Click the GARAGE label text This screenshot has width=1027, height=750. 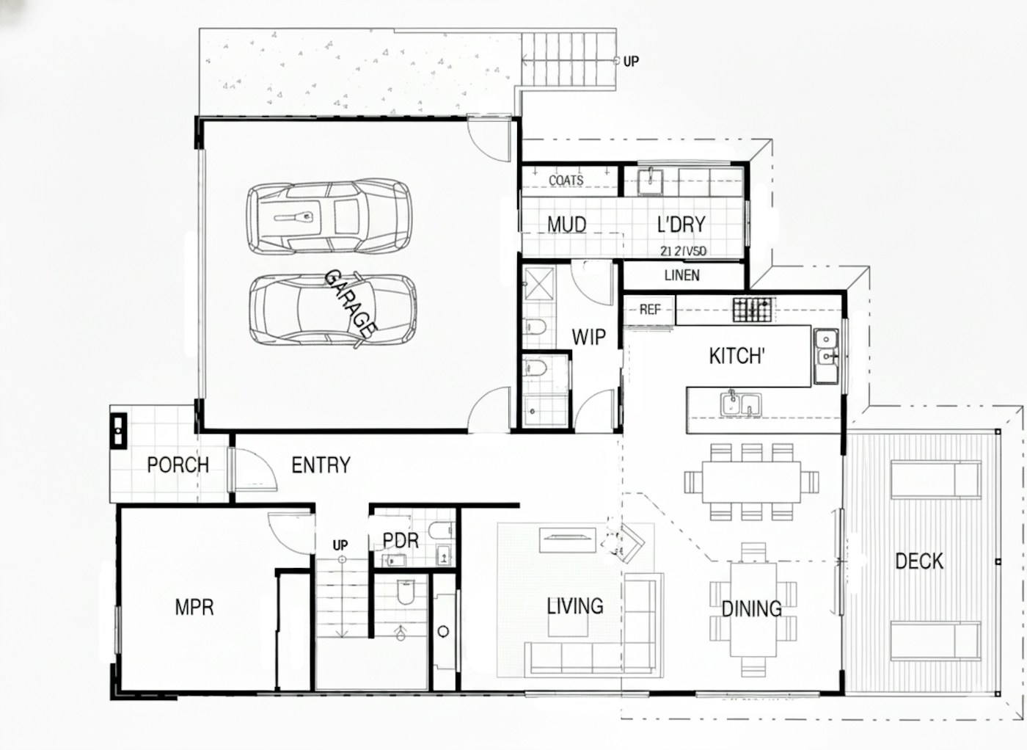[351, 303]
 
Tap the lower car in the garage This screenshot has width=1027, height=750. [332, 310]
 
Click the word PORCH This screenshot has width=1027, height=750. [178, 465]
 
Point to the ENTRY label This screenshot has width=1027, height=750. [321, 465]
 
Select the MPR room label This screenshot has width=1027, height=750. [194, 608]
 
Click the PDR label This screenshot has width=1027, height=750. [401, 541]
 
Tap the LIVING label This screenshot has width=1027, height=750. [575, 606]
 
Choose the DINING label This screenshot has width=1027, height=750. [751, 609]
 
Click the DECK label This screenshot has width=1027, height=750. [919, 561]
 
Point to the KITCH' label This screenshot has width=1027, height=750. [737, 357]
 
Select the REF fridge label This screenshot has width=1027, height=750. [649, 310]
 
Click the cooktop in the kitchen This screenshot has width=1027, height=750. [753, 310]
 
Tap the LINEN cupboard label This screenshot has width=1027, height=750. [681, 275]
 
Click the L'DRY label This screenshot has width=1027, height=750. [681, 225]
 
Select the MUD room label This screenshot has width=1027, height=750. [566, 225]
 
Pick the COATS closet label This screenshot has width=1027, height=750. [566, 180]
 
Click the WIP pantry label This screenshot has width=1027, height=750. [588, 338]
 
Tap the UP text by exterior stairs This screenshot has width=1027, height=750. [631, 62]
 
